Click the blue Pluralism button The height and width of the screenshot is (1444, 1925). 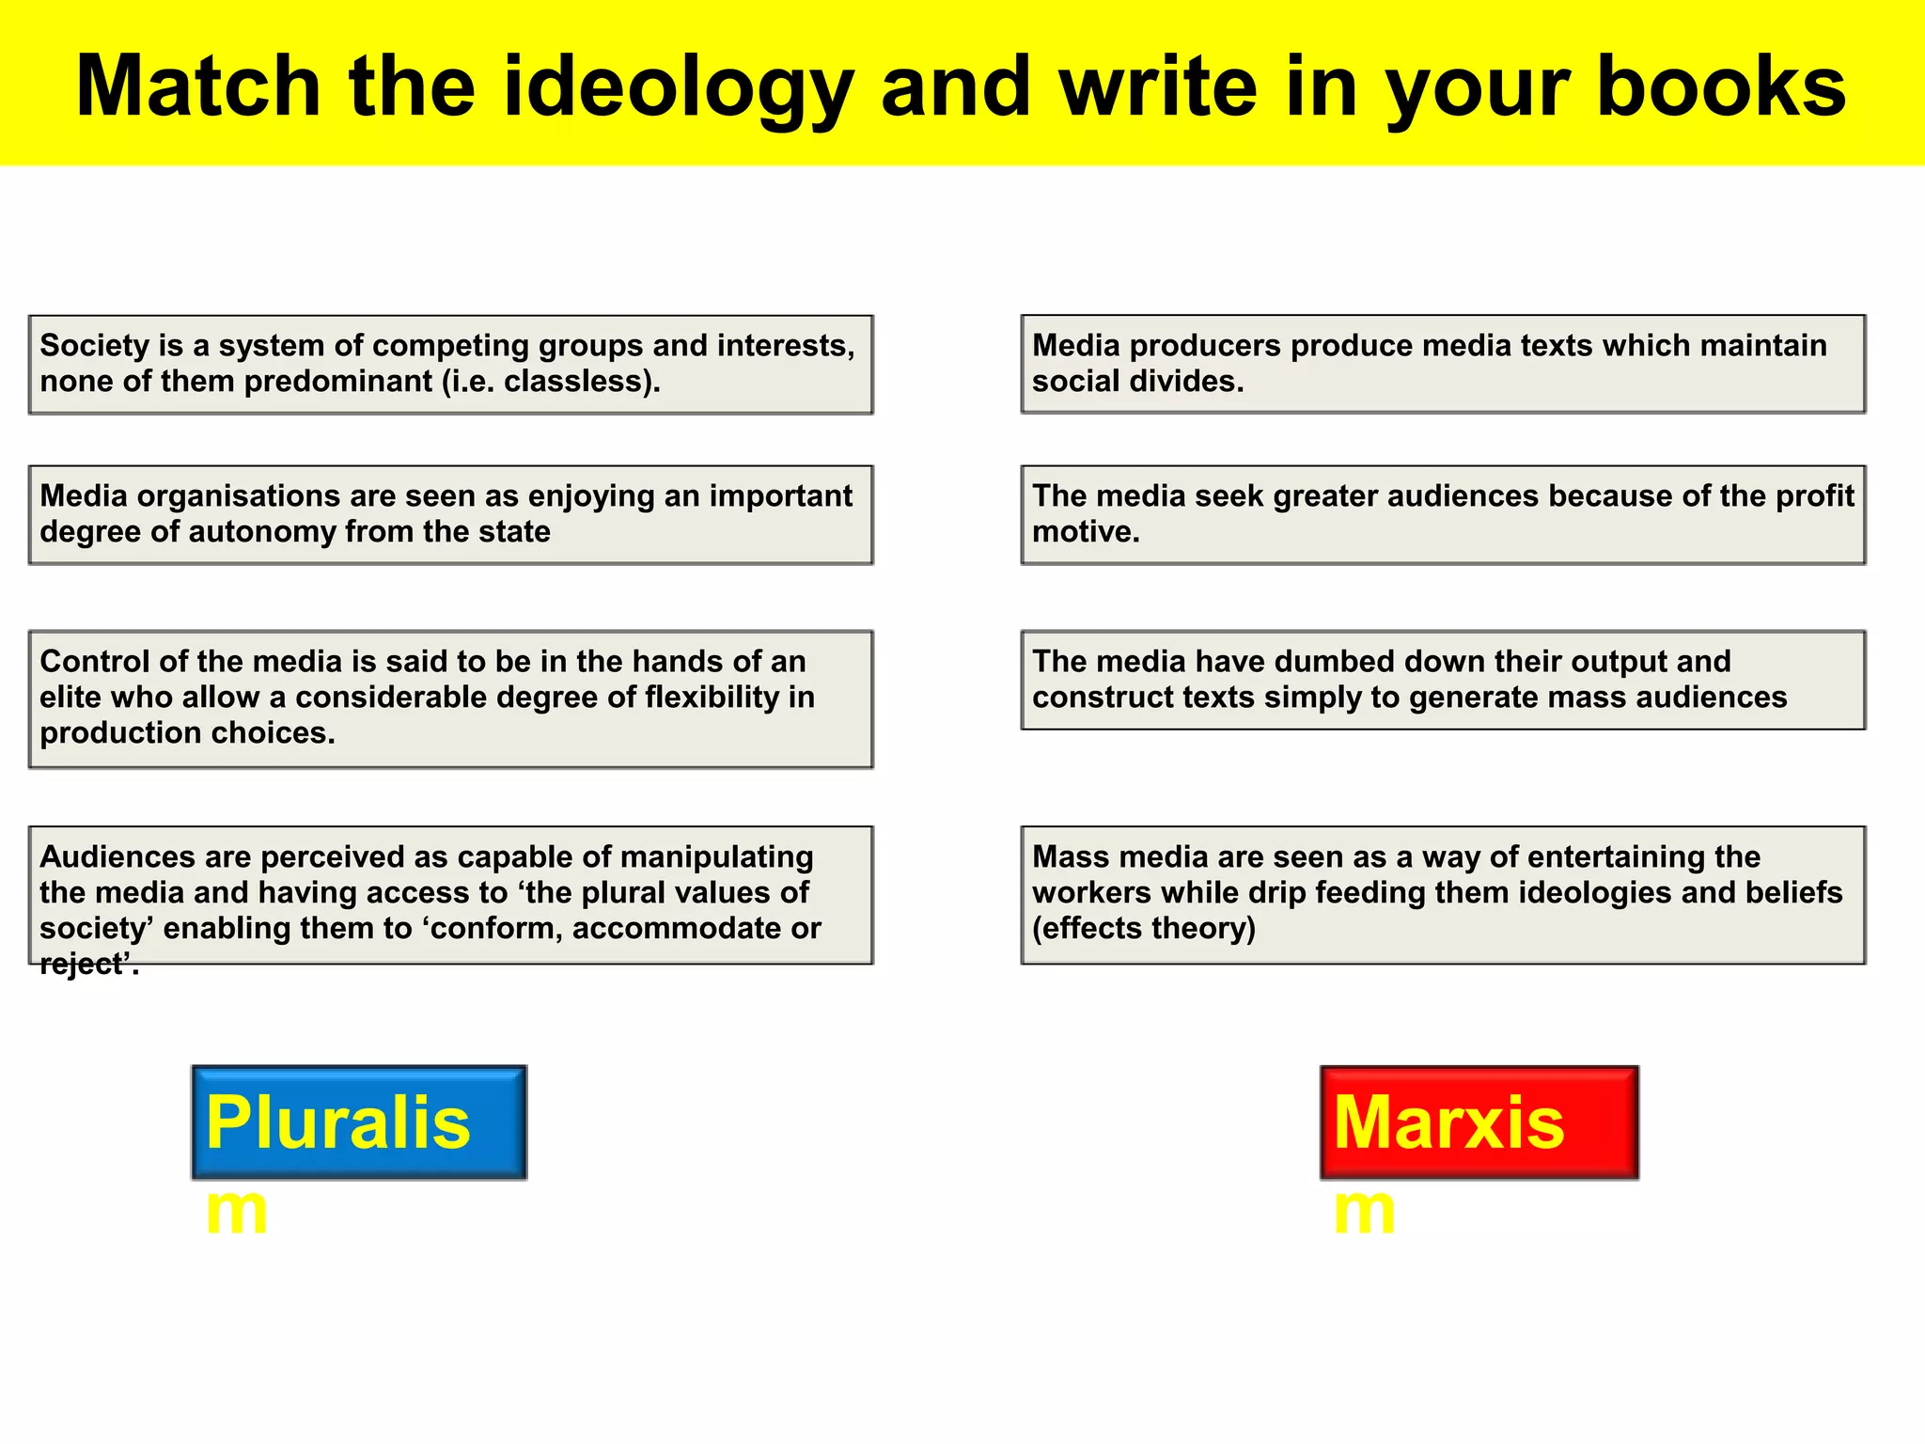tap(358, 1122)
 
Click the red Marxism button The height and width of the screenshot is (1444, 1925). tap(1479, 1122)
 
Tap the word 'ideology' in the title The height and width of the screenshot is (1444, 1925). tap(677, 86)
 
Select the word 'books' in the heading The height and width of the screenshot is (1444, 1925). tap(1721, 86)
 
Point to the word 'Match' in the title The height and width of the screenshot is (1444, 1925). tap(198, 86)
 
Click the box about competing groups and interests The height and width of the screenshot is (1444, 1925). tap(450, 364)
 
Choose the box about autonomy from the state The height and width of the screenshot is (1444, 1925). tap(450, 514)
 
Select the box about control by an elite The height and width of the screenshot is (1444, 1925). tap(450, 698)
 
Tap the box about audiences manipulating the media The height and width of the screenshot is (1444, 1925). tap(450, 894)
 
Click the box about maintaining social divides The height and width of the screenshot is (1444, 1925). tap(1443, 364)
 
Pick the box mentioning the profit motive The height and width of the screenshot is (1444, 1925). tap(1443, 514)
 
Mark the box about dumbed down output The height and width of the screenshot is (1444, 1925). tap(1443, 680)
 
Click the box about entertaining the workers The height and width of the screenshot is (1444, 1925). tap(1443, 894)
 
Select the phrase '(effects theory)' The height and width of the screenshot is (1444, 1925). tap(1144, 929)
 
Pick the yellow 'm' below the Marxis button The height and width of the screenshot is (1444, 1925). tap(1364, 1210)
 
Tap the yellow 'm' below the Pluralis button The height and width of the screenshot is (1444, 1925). tap(236, 1210)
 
